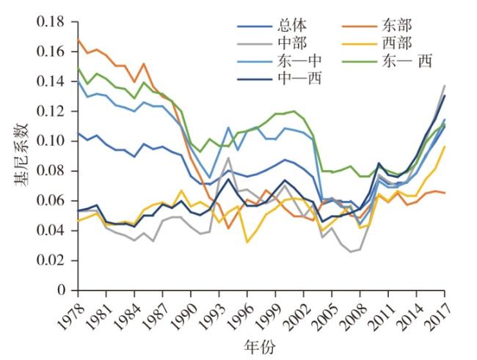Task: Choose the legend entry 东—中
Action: (x=276, y=61)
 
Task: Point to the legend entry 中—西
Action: (x=276, y=77)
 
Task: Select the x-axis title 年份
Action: (x=261, y=345)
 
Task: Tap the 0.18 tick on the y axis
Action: (x=52, y=21)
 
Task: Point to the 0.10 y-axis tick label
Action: (x=52, y=141)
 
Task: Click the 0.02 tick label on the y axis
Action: (x=52, y=260)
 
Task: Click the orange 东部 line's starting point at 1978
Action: (x=78, y=39)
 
